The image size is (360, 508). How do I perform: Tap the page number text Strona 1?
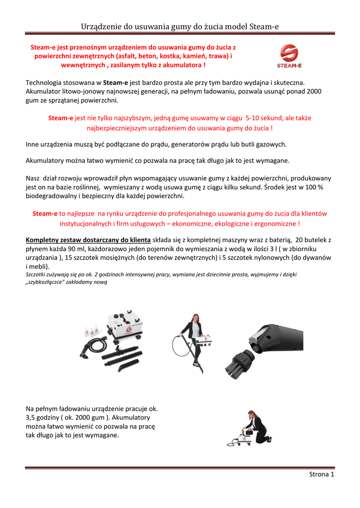(x=321, y=474)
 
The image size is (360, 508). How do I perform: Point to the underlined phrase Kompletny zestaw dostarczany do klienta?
(x=88, y=239)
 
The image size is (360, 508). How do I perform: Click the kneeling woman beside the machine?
(x=256, y=427)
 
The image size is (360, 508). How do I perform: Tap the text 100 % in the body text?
(x=313, y=187)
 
